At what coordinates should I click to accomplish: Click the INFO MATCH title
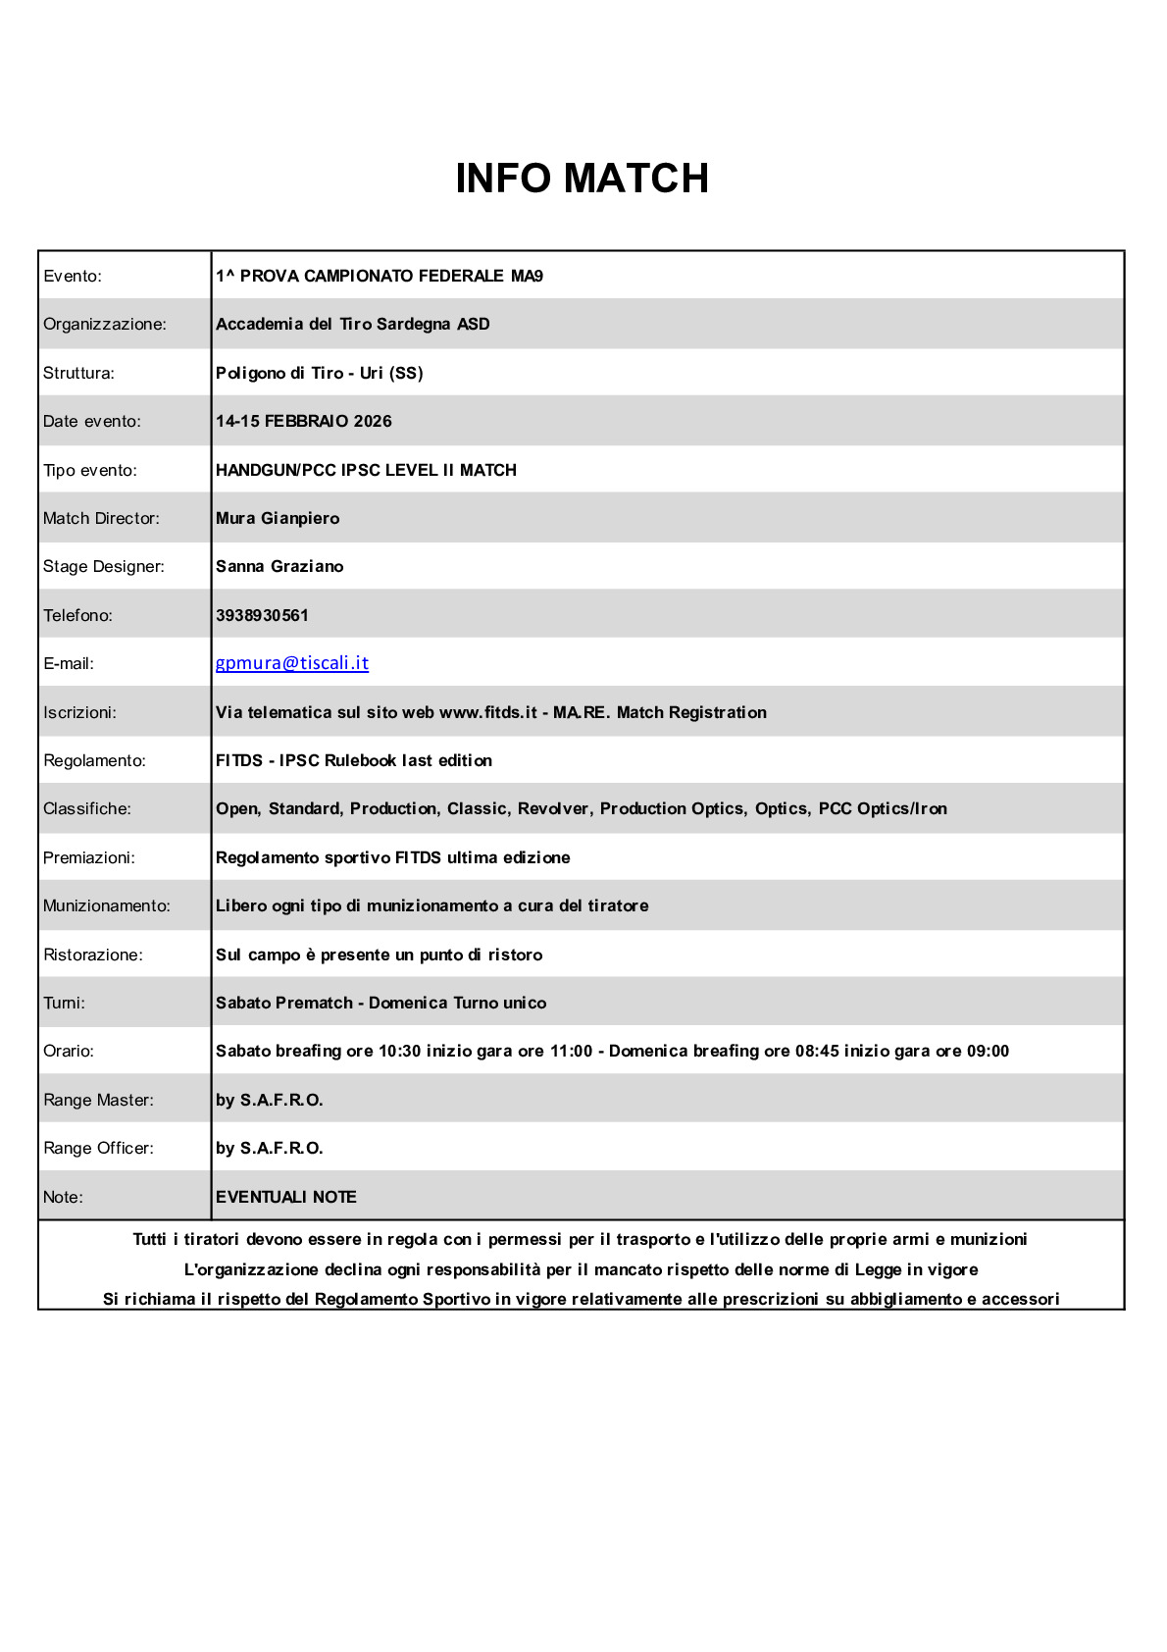click(x=582, y=179)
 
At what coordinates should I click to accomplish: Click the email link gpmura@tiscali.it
click(x=292, y=663)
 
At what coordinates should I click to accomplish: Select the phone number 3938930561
click(x=262, y=615)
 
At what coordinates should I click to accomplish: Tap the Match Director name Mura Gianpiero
click(x=278, y=518)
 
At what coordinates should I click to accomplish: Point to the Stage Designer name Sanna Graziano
click(x=279, y=566)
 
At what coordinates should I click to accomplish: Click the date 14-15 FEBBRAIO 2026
click(x=303, y=421)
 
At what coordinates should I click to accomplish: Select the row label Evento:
click(x=73, y=276)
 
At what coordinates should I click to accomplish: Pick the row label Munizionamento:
click(x=107, y=905)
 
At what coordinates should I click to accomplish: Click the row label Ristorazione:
click(x=93, y=955)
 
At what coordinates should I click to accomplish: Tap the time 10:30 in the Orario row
click(x=400, y=1051)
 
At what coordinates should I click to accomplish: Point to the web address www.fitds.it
click(x=487, y=712)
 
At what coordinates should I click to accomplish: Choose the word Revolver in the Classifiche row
click(x=553, y=808)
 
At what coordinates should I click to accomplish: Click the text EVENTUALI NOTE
click(x=285, y=1197)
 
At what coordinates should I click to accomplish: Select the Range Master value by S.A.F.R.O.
click(x=269, y=1100)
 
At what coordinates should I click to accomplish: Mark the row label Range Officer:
click(x=98, y=1148)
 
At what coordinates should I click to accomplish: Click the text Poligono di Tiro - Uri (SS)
click(x=319, y=373)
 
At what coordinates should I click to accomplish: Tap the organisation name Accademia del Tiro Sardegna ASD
click(x=352, y=324)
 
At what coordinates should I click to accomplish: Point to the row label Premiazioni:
click(x=89, y=857)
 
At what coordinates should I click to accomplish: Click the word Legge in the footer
click(x=878, y=1269)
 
